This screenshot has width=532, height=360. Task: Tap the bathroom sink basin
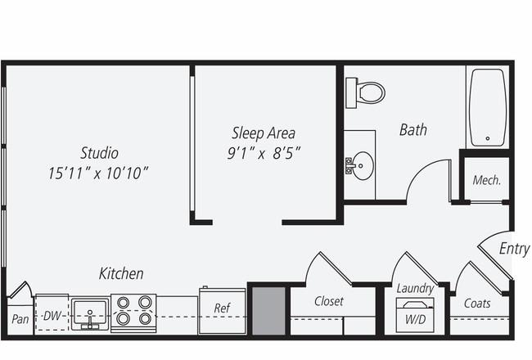pyautogui.click(x=362, y=165)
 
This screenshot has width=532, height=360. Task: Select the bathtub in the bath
pyautogui.click(x=488, y=107)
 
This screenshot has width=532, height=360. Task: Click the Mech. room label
pyautogui.click(x=486, y=180)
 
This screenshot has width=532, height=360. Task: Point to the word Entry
pyautogui.click(x=514, y=249)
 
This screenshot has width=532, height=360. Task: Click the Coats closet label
pyautogui.click(x=477, y=303)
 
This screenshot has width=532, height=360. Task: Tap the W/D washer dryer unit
pyautogui.click(x=415, y=315)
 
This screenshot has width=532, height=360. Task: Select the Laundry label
pyautogui.click(x=415, y=288)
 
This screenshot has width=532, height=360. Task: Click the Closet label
pyautogui.click(x=329, y=301)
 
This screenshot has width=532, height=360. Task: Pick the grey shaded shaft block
pyautogui.click(x=268, y=311)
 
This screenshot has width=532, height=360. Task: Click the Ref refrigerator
pyautogui.click(x=222, y=311)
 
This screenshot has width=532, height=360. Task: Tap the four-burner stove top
pyautogui.click(x=133, y=313)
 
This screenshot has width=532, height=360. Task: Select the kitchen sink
pyautogui.click(x=90, y=314)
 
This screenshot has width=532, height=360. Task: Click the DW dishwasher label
pyautogui.click(x=52, y=316)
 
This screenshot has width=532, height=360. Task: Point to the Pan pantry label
pyautogui.click(x=20, y=319)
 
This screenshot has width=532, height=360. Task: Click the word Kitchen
pyautogui.click(x=121, y=273)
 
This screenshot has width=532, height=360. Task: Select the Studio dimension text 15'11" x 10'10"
pyautogui.click(x=98, y=173)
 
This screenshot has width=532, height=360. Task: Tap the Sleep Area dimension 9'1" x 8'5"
pyautogui.click(x=264, y=153)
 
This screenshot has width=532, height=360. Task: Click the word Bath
pyautogui.click(x=413, y=129)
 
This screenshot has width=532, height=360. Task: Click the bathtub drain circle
pyautogui.click(x=488, y=138)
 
